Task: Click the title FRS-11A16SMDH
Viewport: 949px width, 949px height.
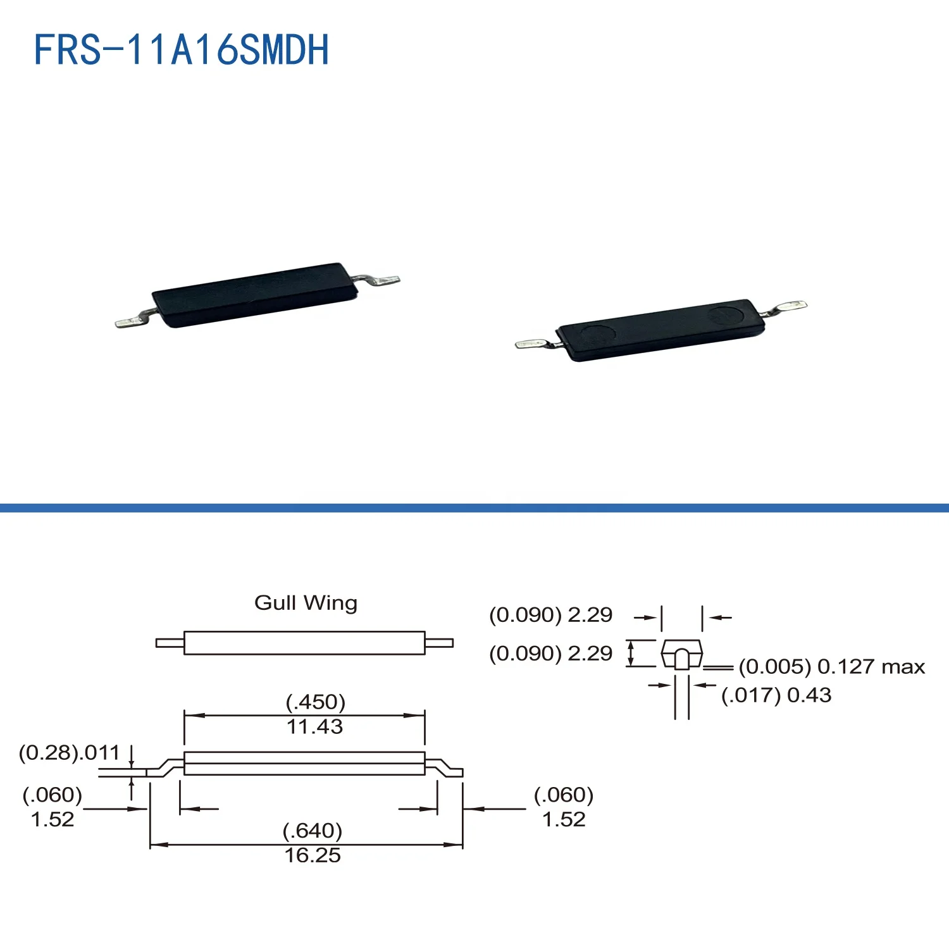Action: click(181, 50)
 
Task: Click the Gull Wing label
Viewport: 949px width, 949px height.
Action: click(306, 603)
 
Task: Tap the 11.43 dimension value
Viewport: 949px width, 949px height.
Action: click(314, 727)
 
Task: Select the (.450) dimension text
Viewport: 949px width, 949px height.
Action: click(315, 702)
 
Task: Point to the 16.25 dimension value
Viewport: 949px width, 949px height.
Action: click(312, 855)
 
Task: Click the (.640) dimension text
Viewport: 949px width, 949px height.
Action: click(312, 830)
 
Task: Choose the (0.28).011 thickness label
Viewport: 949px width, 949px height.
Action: click(69, 753)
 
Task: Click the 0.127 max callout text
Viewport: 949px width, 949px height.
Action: click(832, 667)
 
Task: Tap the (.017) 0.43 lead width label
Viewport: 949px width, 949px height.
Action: click(776, 695)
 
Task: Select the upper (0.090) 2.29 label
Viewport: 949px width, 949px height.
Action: click(550, 615)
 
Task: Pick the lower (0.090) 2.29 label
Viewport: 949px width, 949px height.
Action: click(550, 654)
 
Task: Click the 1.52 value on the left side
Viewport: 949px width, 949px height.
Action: click(53, 819)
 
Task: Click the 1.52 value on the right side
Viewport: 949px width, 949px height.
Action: click(564, 819)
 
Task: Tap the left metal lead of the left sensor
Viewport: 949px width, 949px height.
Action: click(133, 321)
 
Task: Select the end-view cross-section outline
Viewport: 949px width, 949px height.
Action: click(681, 654)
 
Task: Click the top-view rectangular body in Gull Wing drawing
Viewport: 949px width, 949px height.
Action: click(304, 643)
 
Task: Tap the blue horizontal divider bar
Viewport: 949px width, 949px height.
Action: click(475, 508)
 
